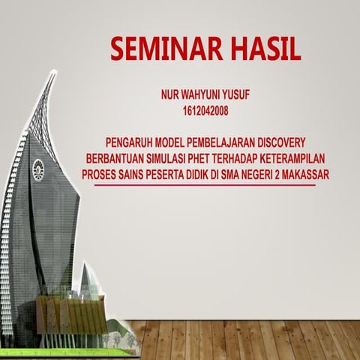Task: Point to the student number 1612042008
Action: (x=205, y=111)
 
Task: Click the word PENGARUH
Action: (x=130, y=142)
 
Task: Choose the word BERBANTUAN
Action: (x=114, y=157)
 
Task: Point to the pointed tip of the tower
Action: (x=55, y=72)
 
